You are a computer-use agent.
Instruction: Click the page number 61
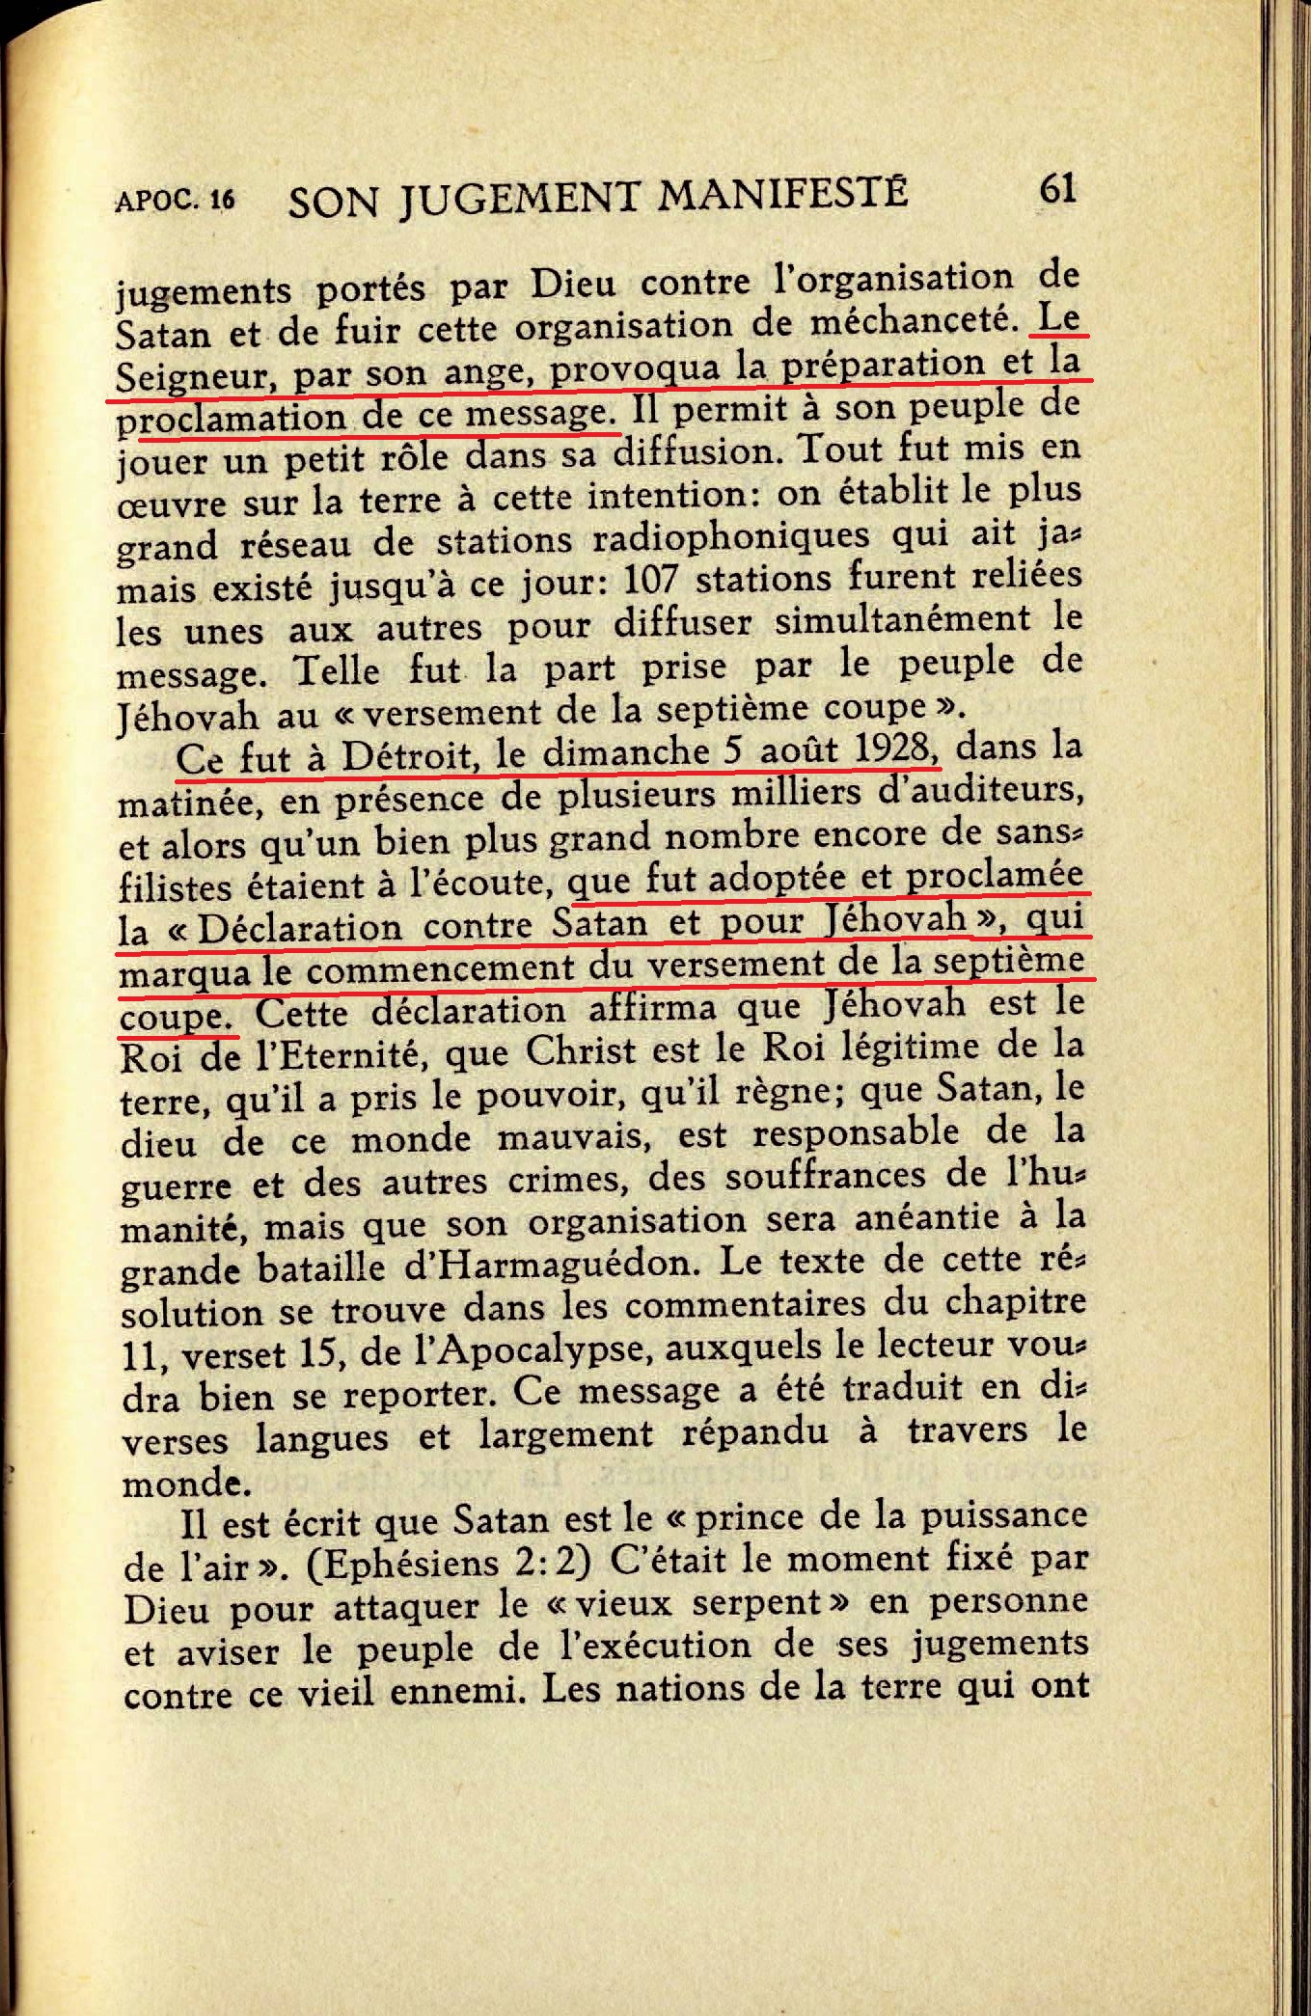click(1057, 189)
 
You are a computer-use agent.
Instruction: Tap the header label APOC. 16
click(175, 200)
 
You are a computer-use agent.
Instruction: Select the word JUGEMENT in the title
click(519, 198)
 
